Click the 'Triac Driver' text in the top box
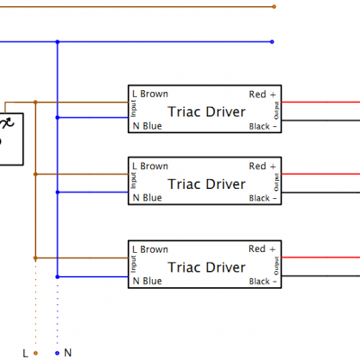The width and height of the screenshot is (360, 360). coord(206,111)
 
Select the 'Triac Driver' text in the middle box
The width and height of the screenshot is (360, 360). coord(206,184)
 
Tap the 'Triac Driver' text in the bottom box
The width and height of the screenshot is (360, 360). coord(206,267)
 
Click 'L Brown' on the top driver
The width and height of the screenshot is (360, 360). coord(150,94)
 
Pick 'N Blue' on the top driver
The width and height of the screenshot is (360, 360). coord(148,127)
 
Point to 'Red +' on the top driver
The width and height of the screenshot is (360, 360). coord(264,94)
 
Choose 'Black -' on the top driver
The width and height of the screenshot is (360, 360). coord(264,127)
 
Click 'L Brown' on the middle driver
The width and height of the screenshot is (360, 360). coord(150,166)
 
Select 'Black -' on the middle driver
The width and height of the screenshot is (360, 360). coord(264,198)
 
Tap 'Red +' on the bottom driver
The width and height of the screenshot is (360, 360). coord(264,249)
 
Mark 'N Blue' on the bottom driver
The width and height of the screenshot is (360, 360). coord(148,282)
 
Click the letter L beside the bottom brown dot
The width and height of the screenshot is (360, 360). coord(25,353)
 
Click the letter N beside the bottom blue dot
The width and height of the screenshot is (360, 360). coord(67,353)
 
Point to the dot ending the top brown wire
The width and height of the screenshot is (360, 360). coord(274,6)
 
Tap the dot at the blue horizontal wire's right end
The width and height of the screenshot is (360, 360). coord(274,41)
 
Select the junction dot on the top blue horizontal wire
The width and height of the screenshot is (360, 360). coord(58,41)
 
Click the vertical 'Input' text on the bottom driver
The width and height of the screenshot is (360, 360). coord(132,266)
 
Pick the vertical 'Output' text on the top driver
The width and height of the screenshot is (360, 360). coord(276,111)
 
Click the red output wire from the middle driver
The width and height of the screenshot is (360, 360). coord(324,174)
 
